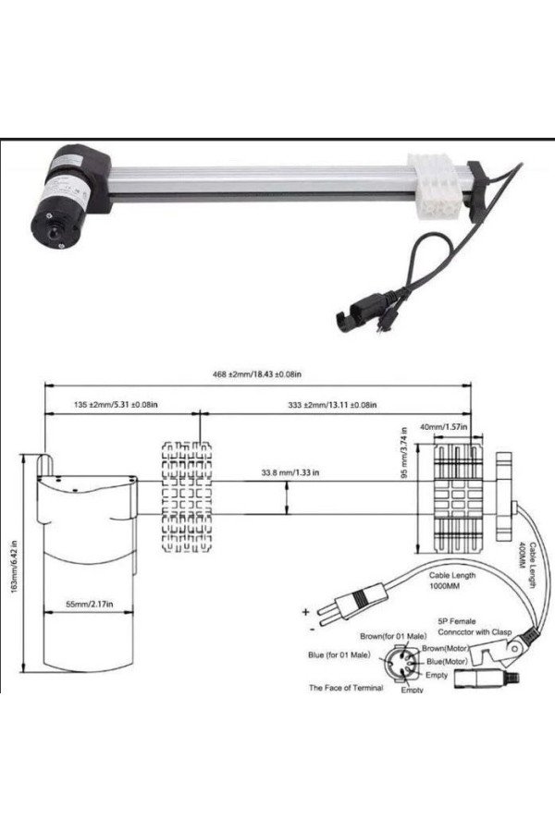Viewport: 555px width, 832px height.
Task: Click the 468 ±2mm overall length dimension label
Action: pyautogui.click(x=257, y=374)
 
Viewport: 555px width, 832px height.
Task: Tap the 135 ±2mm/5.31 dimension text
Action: pyautogui.click(x=115, y=404)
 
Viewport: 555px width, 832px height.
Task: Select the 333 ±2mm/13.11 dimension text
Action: pyautogui.click(x=332, y=405)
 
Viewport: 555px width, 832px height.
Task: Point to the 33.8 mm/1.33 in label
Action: pyautogui.click(x=290, y=472)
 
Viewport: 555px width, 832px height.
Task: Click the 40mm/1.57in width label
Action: pyautogui.click(x=443, y=426)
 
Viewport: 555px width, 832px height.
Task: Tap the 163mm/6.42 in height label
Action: pyautogui.click(x=15, y=567)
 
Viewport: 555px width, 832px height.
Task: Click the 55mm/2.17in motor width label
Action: pyautogui.click(x=89, y=604)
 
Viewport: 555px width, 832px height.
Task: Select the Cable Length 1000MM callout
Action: pyautogui.click(x=452, y=581)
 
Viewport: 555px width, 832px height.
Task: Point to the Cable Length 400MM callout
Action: pyautogui.click(x=527, y=564)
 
